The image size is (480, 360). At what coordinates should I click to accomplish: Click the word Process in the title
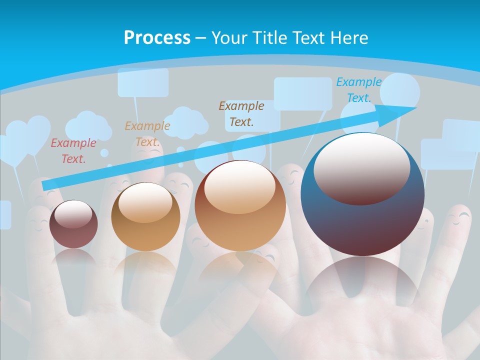157,38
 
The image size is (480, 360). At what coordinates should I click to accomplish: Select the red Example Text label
73,151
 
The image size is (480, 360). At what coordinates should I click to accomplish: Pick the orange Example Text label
147,133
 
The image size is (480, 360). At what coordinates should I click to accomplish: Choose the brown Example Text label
241,113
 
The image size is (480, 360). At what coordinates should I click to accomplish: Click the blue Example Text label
358,90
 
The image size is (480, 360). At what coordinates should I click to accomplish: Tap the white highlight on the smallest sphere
73,214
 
